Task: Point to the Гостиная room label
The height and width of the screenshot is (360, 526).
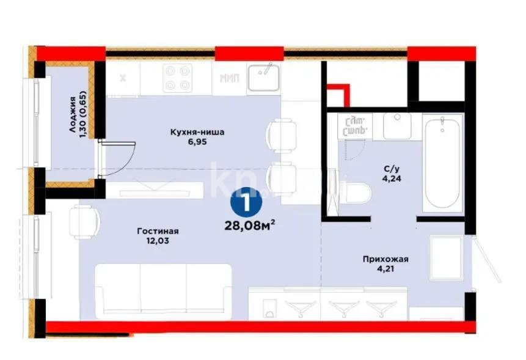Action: tap(157, 231)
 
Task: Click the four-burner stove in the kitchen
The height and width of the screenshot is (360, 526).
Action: tap(177, 78)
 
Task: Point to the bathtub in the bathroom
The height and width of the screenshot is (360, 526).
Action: tap(442, 163)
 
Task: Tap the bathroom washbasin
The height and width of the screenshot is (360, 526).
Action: tap(397, 125)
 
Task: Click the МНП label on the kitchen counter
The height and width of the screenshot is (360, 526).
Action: tap(229, 78)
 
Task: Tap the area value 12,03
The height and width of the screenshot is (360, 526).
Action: tap(156, 241)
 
